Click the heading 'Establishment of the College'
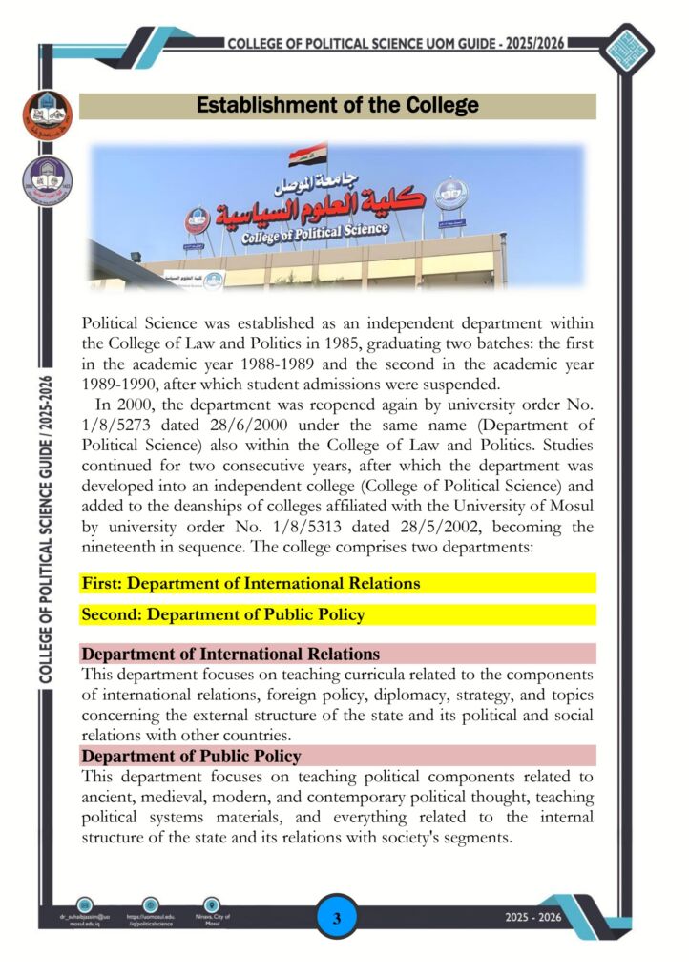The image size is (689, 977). point(337,105)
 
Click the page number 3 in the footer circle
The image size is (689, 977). point(337,920)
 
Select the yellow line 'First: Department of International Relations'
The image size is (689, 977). point(251,583)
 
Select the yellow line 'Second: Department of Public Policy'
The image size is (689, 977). point(223,614)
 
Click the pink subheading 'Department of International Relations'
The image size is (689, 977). point(231,655)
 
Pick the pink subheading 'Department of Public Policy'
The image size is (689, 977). point(192,757)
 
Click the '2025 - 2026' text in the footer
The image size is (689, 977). point(533,918)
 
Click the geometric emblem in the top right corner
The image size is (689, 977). point(633,45)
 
